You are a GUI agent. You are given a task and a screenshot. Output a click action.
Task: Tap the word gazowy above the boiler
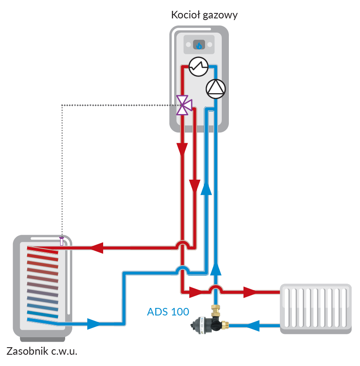[219, 16]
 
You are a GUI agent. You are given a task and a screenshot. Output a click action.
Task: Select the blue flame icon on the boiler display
[199, 45]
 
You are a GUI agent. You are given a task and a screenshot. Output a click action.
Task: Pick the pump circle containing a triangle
[216, 88]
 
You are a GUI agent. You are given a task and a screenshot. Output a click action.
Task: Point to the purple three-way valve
[183, 105]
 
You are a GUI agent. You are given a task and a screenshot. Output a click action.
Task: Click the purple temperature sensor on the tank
[62, 241]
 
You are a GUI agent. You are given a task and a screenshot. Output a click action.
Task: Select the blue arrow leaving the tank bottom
[94, 323]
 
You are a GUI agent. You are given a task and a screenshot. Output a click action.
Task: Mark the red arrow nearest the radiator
[251, 291]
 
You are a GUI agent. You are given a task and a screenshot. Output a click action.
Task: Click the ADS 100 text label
[168, 311]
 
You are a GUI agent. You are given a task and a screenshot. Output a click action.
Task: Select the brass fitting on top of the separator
[216, 310]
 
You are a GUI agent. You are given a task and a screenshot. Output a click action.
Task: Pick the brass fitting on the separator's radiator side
[226, 324]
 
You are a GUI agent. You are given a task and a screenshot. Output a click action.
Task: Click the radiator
[315, 308]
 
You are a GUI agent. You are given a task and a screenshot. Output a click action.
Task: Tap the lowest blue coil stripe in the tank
[42, 320]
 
